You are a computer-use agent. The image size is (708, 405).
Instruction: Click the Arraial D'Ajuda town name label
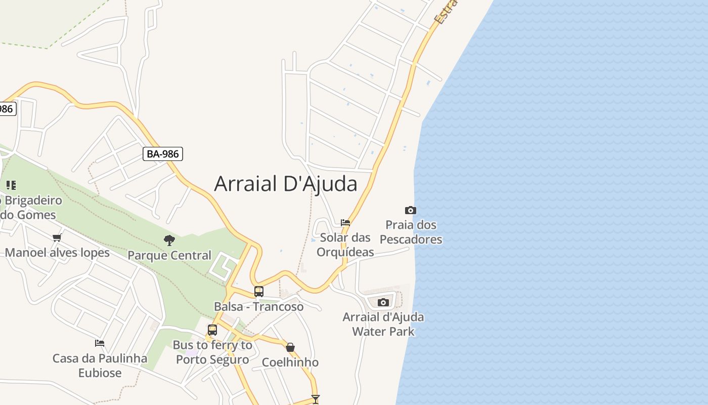coord(286,183)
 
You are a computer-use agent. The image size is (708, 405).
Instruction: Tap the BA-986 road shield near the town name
coord(162,154)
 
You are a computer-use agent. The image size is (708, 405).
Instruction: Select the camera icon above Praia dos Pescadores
coord(410,210)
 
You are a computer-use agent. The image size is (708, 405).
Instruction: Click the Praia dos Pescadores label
coord(411,232)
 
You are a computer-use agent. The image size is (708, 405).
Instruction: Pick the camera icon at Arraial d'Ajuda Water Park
coord(383,302)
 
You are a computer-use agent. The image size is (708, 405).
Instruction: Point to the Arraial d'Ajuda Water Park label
coord(383,325)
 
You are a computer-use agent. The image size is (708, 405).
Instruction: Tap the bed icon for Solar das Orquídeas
coord(345,222)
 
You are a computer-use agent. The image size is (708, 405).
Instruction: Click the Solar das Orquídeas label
coord(345,245)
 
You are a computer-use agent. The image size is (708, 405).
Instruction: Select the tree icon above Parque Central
coord(169,240)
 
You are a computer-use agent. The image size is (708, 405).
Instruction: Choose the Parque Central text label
coord(169,255)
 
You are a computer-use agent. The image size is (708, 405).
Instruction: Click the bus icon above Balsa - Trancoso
coord(258,292)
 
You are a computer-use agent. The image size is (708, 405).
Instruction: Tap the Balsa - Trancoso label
coord(258,307)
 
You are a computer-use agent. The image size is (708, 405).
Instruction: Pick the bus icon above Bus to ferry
coord(212,330)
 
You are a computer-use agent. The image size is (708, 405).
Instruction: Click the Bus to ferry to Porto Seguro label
coord(212,352)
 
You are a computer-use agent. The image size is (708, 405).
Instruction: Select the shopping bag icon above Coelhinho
coord(290,347)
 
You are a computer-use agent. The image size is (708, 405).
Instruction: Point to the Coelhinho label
coord(290,362)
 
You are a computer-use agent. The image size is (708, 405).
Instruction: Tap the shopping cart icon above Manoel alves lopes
coord(57,237)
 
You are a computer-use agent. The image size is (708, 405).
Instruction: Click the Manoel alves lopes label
coord(57,253)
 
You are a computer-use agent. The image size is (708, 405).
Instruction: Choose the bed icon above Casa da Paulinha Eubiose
coord(100,343)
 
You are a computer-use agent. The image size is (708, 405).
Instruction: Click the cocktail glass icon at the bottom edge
coord(316,399)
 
